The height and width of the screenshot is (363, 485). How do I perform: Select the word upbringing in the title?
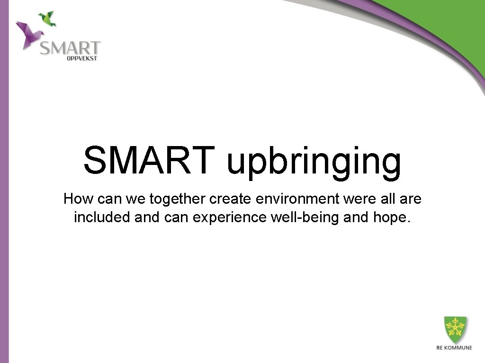pyautogui.click(x=314, y=162)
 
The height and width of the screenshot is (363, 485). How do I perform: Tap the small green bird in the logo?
pyautogui.click(x=47, y=18)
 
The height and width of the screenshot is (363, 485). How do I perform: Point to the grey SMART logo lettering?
pyautogui.click(x=70, y=48)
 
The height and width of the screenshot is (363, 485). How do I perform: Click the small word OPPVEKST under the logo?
pyautogui.click(x=81, y=59)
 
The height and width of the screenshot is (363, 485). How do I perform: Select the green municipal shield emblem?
pyautogui.click(x=455, y=329)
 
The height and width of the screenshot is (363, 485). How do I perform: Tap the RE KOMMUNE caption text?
pyautogui.click(x=454, y=348)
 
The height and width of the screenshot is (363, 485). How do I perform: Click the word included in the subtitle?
pyautogui.click(x=102, y=217)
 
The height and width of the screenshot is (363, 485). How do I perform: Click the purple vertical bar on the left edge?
pyautogui.click(x=4, y=189)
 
